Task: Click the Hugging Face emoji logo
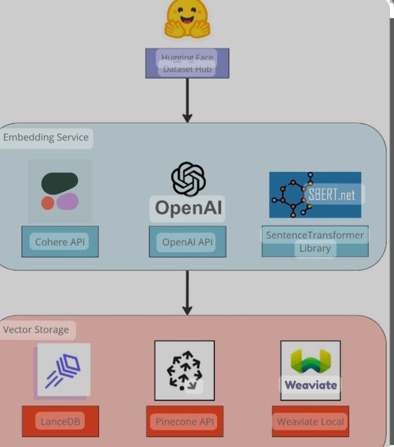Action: (187, 20)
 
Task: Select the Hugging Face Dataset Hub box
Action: (187, 63)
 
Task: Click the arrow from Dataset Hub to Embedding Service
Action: (187, 100)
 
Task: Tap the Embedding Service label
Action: (46, 138)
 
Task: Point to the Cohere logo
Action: (60, 191)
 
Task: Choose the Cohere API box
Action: (60, 242)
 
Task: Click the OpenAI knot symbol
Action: (188, 178)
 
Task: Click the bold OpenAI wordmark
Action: (188, 208)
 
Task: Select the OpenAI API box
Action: (188, 242)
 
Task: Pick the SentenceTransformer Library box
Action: (315, 242)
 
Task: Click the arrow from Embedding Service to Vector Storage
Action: (187, 292)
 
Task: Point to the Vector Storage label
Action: (36, 330)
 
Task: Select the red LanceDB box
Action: (60, 421)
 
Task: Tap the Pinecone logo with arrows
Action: (184, 370)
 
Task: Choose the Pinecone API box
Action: (184, 421)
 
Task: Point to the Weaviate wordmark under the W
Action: (310, 384)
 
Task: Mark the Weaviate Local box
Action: (310, 421)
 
